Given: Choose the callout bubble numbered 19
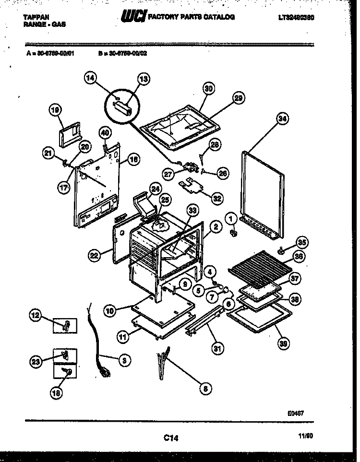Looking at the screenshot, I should [x=57, y=111].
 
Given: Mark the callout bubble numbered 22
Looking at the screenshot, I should [x=95, y=256].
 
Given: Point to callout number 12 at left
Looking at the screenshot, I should [x=36, y=316].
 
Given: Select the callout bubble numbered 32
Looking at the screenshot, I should [x=217, y=197].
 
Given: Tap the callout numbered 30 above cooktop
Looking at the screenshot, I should [x=208, y=88].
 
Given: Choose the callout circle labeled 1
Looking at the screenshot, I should [x=232, y=219].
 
